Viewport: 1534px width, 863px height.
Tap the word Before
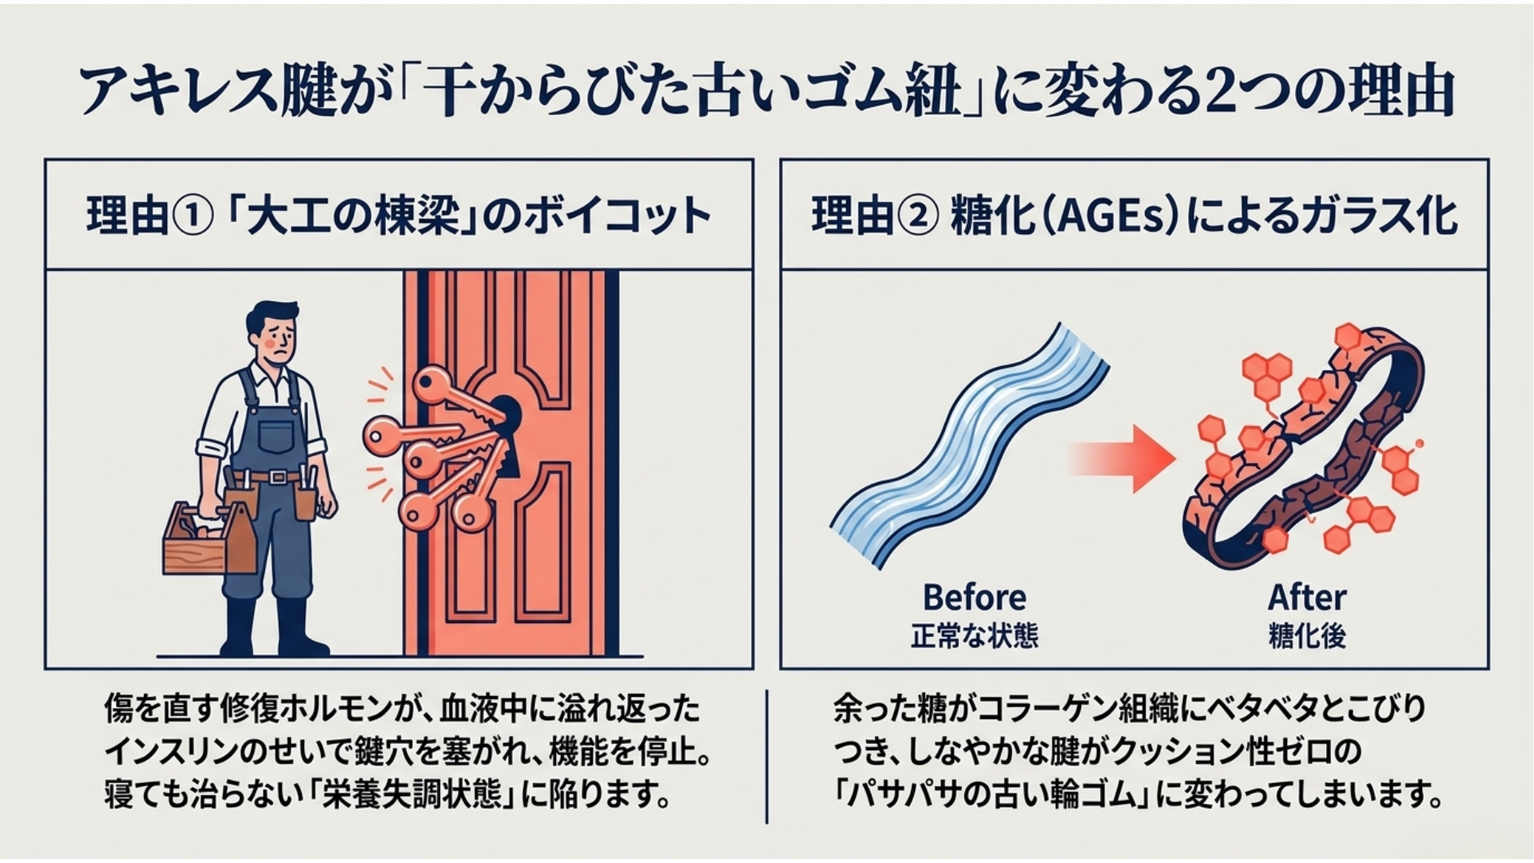975,598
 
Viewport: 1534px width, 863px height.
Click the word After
1307,598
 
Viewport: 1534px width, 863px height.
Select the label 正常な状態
975,636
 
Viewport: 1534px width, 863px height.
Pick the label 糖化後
1307,636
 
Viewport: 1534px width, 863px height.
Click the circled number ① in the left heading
192,216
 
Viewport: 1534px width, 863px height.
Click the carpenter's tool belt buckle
277,477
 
